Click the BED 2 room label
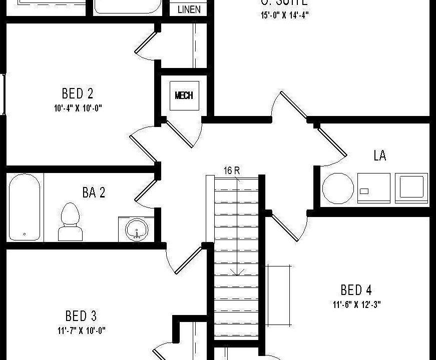coord(78,93)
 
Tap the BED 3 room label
coord(81,316)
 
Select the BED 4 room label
coord(356,290)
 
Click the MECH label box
coord(184,95)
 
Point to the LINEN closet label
coord(189,9)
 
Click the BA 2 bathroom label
coord(94,192)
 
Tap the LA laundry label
coord(380,156)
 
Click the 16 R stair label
coord(231,170)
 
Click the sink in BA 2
coord(137,230)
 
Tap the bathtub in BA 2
coord(24,206)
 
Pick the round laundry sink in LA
coord(338,188)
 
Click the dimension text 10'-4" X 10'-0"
coord(79,107)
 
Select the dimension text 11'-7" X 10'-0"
coord(81,330)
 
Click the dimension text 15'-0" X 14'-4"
coord(284,15)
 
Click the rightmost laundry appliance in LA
coord(411,187)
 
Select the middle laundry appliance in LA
coord(373,187)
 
